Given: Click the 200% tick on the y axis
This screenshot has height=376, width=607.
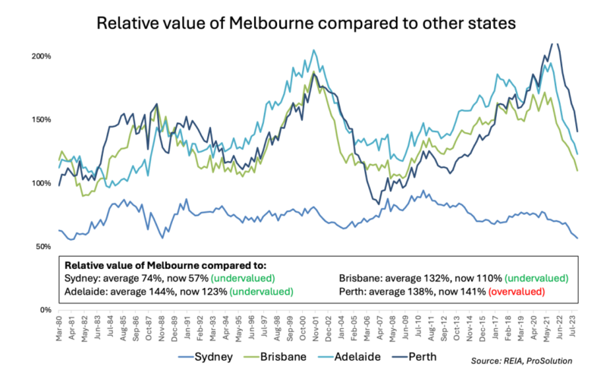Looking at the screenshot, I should point(41,57).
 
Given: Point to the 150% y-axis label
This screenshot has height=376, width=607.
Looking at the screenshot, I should point(41,120).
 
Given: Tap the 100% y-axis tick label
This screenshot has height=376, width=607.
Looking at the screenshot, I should point(41,184).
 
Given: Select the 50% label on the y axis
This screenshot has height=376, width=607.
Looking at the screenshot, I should point(42,247).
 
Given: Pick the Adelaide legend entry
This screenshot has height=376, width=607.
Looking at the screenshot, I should point(373,356).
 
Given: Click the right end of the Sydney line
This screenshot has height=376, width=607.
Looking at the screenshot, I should point(577,239).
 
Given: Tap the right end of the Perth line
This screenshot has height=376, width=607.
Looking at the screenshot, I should point(577,131).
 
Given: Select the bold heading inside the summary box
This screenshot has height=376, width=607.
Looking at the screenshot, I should point(165,266).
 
